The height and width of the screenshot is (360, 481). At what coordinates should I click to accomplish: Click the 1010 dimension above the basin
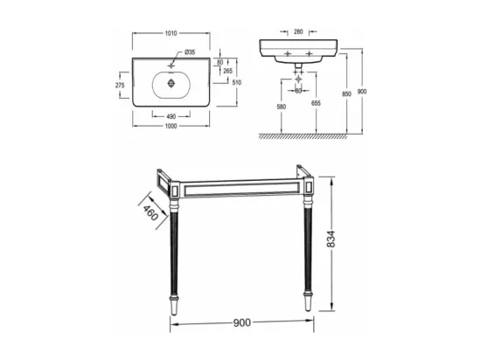(171, 33)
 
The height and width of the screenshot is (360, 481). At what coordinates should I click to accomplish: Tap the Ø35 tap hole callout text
(190, 52)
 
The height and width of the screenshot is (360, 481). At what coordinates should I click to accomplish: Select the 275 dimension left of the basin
(120, 85)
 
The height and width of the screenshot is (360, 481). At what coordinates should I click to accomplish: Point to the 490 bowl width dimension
(171, 116)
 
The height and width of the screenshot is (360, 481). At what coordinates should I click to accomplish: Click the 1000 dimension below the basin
(171, 126)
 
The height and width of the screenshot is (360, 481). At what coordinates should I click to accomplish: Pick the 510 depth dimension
(237, 82)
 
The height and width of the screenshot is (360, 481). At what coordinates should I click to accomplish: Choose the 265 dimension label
(227, 71)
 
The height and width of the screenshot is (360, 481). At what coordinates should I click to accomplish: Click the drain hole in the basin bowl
(171, 83)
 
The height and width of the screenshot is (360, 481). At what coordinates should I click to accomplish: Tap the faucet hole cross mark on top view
(171, 66)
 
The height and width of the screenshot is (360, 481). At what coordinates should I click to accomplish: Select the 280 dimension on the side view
(298, 31)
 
